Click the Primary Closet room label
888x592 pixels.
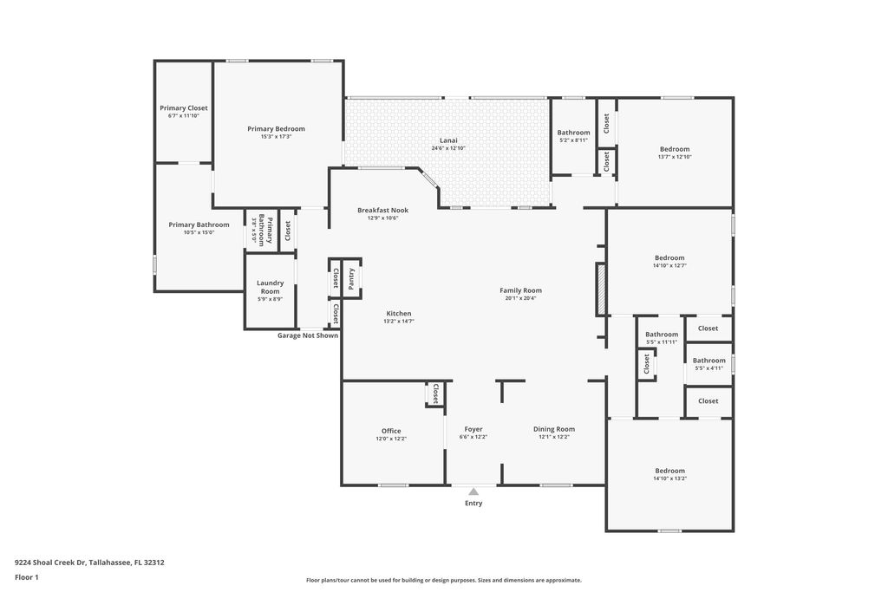[x=184, y=108]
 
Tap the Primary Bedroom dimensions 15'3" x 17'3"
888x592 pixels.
[x=276, y=136]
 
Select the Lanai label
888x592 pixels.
[x=448, y=140]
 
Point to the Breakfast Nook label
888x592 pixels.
[x=382, y=211]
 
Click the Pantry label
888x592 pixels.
[x=352, y=278]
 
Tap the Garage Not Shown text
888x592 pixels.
[x=308, y=335]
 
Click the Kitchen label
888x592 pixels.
[x=399, y=314]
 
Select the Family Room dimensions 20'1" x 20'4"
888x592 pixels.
[x=520, y=298]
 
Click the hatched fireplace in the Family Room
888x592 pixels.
[x=599, y=289]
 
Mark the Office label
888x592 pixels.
[x=391, y=431]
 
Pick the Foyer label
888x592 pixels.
[x=473, y=429]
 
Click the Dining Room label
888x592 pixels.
[x=554, y=429]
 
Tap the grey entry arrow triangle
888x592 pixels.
[x=473, y=491]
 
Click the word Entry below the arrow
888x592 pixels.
[x=473, y=504]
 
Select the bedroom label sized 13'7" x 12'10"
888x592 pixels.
[x=675, y=149]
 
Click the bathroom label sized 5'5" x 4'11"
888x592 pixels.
[x=708, y=361]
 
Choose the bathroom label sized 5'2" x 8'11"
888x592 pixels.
[x=573, y=133]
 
